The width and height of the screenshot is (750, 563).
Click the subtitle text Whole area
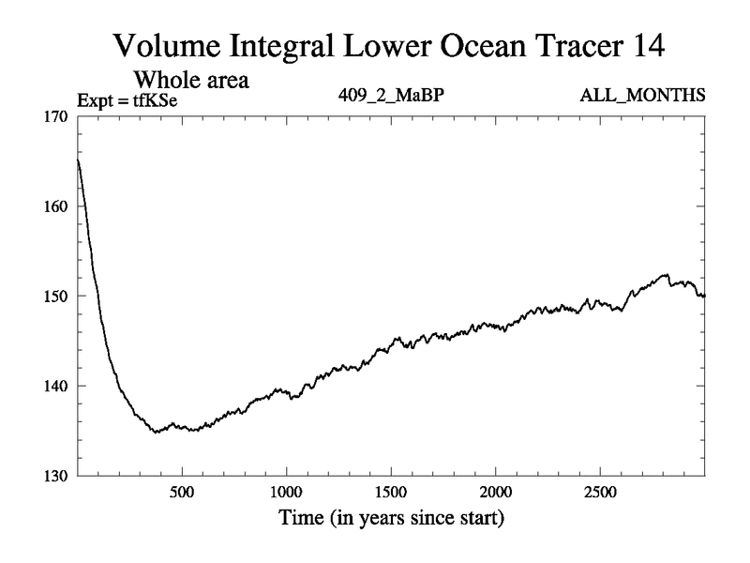click(x=192, y=80)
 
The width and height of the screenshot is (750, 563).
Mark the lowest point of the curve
click(x=156, y=432)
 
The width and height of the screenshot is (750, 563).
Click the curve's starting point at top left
click(x=78, y=160)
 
